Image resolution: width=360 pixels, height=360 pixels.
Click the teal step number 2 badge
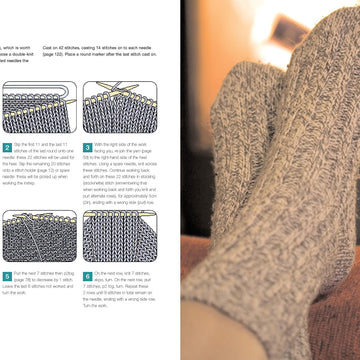coord(6,147)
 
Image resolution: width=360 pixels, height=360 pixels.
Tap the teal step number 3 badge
coord(87,147)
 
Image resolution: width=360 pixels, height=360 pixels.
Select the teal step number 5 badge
coord(6,275)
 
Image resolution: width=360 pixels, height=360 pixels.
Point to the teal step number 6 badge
coord(87,275)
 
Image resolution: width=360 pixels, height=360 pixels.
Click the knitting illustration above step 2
coord(39,108)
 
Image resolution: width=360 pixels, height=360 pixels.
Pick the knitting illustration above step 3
coord(121,108)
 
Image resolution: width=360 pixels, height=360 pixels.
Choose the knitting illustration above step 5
coord(39,236)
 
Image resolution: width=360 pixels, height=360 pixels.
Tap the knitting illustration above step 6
coord(121,236)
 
